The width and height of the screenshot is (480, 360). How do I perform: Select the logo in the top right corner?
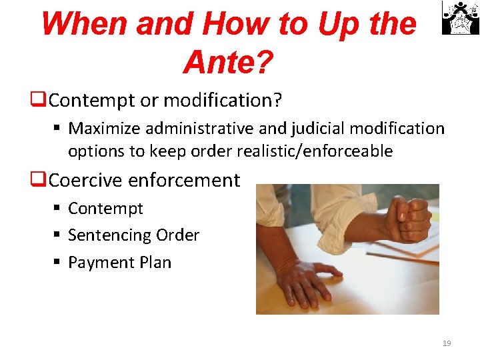point(460,18)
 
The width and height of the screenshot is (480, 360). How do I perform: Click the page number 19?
point(447,343)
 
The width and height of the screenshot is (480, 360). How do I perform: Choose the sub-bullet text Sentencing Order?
point(133,235)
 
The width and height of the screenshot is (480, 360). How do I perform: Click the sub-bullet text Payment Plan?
point(119,263)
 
